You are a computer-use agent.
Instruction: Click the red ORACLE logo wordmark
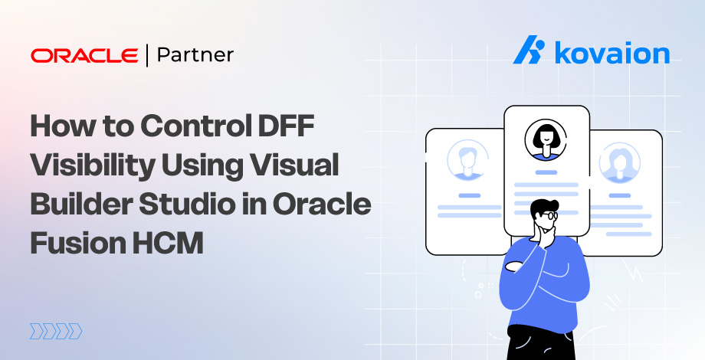[x=86, y=56]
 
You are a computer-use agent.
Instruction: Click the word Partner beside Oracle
[x=195, y=55]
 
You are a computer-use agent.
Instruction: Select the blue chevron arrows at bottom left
[x=55, y=331]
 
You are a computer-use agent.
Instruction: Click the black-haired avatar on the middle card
[x=546, y=139]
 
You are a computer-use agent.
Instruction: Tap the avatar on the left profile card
[x=464, y=159]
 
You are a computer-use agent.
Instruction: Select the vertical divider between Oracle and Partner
[x=147, y=56]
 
